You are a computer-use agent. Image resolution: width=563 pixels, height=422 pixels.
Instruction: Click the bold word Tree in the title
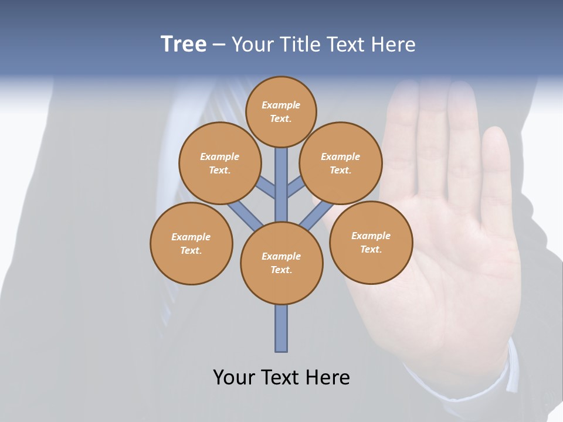pyautogui.click(x=184, y=45)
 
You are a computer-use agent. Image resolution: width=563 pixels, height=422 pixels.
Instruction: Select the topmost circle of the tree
pyautogui.click(x=281, y=111)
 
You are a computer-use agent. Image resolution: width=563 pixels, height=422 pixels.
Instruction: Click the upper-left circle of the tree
pyautogui.click(x=219, y=163)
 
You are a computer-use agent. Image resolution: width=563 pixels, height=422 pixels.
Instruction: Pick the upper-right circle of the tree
pyautogui.click(x=340, y=163)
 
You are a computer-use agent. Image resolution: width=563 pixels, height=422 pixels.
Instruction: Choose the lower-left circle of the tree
pyautogui.click(x=191, y=243)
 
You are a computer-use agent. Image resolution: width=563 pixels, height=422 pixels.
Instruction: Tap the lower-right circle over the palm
pyautogui.click(x=371, y=242)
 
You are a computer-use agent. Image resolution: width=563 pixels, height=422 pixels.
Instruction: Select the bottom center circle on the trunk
pyautogui.click(x=281, y=263)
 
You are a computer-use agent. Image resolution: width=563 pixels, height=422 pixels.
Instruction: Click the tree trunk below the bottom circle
pyautogui.click(x=281, y=328)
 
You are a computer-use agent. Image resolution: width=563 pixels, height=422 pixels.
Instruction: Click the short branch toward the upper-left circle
pyautogui.click(x=267, y=186)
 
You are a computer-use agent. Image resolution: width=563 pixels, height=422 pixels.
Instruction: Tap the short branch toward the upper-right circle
pyautogui.click(x=296, y=186)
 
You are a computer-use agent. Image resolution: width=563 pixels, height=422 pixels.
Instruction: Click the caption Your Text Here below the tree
pyautogui.click(x=281, y=377)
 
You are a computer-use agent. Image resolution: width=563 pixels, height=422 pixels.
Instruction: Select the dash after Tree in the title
pyautogui.click(x=219, y=45)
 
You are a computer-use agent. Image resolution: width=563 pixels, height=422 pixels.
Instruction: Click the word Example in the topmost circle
pyautogui.click(x=281, y=105)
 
